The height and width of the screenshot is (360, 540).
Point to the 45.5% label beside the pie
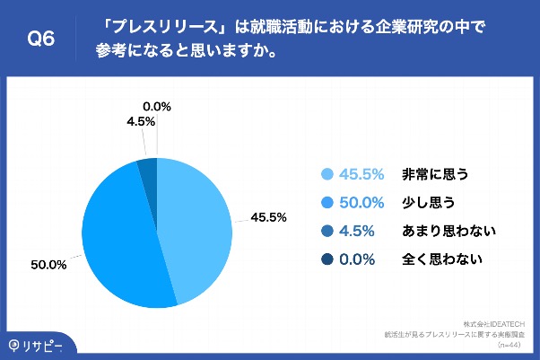[268, 216]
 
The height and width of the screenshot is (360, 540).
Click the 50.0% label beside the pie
[49, 265]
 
